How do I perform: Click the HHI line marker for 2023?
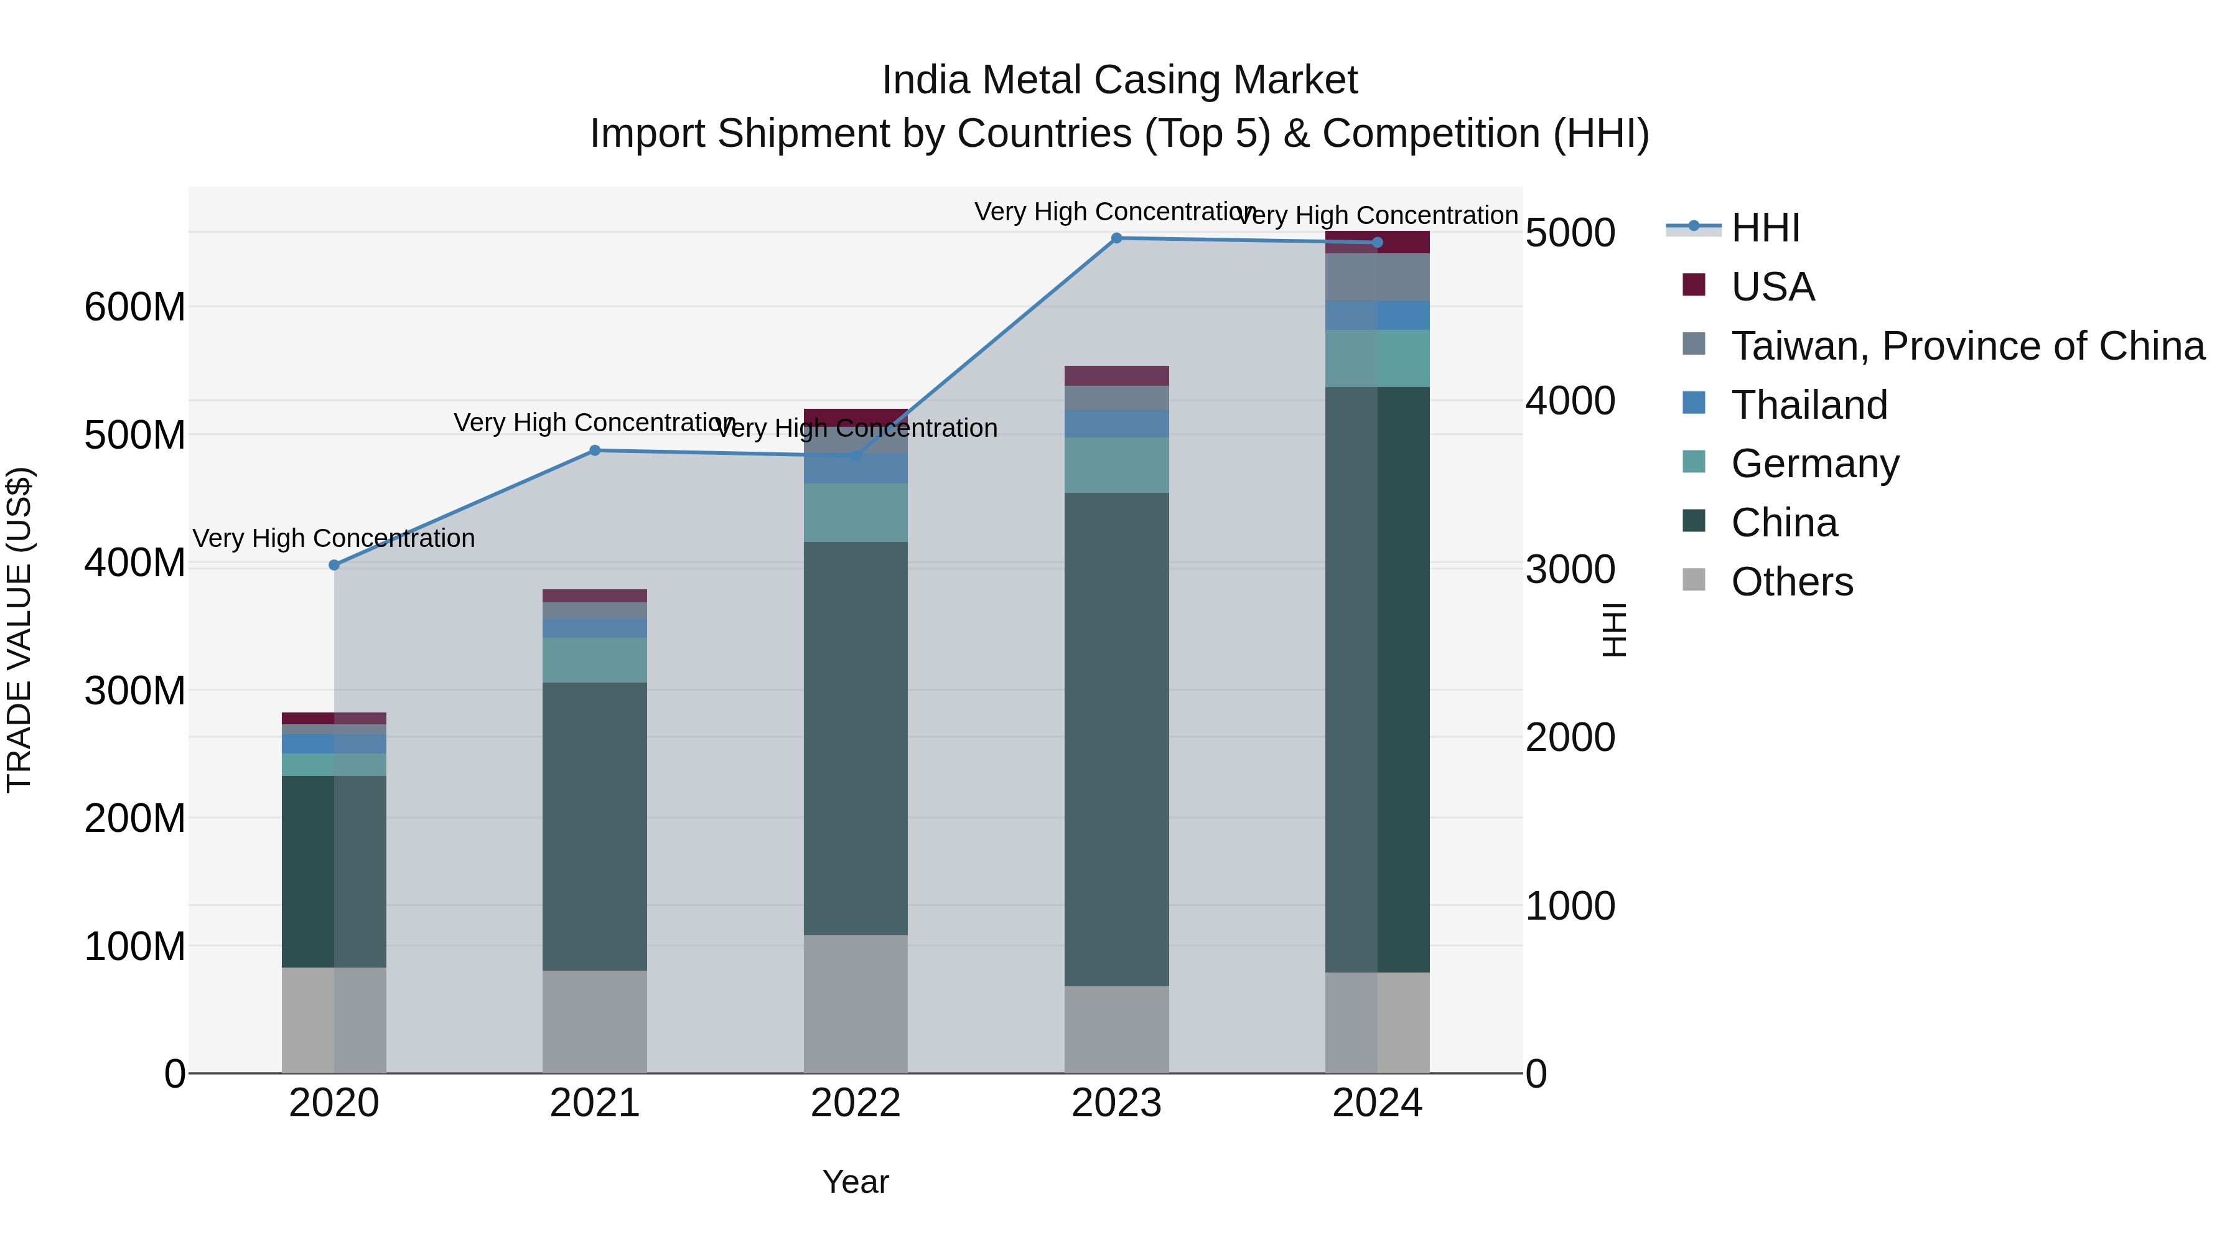coord(1116,238)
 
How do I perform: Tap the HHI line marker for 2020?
coord(334,565)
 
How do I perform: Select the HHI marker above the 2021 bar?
coord(595,450)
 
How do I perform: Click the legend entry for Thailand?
coord(1809,405)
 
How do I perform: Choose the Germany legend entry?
coord(1815,464)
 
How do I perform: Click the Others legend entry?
coord(1791,582)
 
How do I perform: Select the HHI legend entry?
coord(1765,228)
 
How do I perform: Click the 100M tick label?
coord(135,946)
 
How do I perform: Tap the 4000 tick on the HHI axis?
coord(1570,401)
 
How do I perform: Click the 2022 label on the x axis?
coord(856,1103)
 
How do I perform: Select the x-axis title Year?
coord(856,1182)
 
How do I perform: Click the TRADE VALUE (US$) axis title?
coord(19,630)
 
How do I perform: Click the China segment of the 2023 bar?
coord(1116,739)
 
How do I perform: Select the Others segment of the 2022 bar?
coord(856,1004)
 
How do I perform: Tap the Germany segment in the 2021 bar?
coord(595,660)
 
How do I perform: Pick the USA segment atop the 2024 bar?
coord(1378,243)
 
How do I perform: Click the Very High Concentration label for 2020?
coord(334,538)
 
